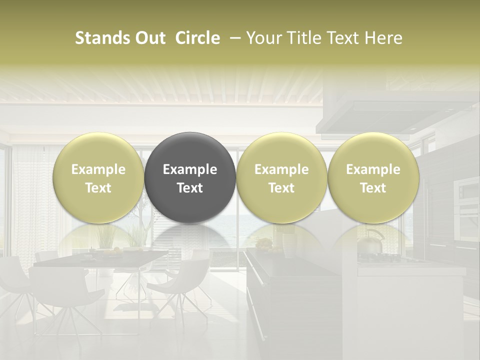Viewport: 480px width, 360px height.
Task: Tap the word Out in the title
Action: coord(149,38)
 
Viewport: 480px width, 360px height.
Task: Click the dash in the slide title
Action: coord(234,38)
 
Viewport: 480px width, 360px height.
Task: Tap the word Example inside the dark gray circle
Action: coord(190,169)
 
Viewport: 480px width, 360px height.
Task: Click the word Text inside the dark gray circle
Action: coord(190,188)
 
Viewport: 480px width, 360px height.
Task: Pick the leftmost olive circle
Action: coord(98,177)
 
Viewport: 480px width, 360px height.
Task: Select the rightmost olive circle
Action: coord(373,177)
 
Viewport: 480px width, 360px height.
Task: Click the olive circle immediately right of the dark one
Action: coord(281,177)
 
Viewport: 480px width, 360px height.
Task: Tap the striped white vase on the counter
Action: coord(289,245)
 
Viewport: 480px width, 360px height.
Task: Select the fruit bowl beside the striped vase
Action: coord(264,244)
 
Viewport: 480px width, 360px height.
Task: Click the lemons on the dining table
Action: coord(114,250)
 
